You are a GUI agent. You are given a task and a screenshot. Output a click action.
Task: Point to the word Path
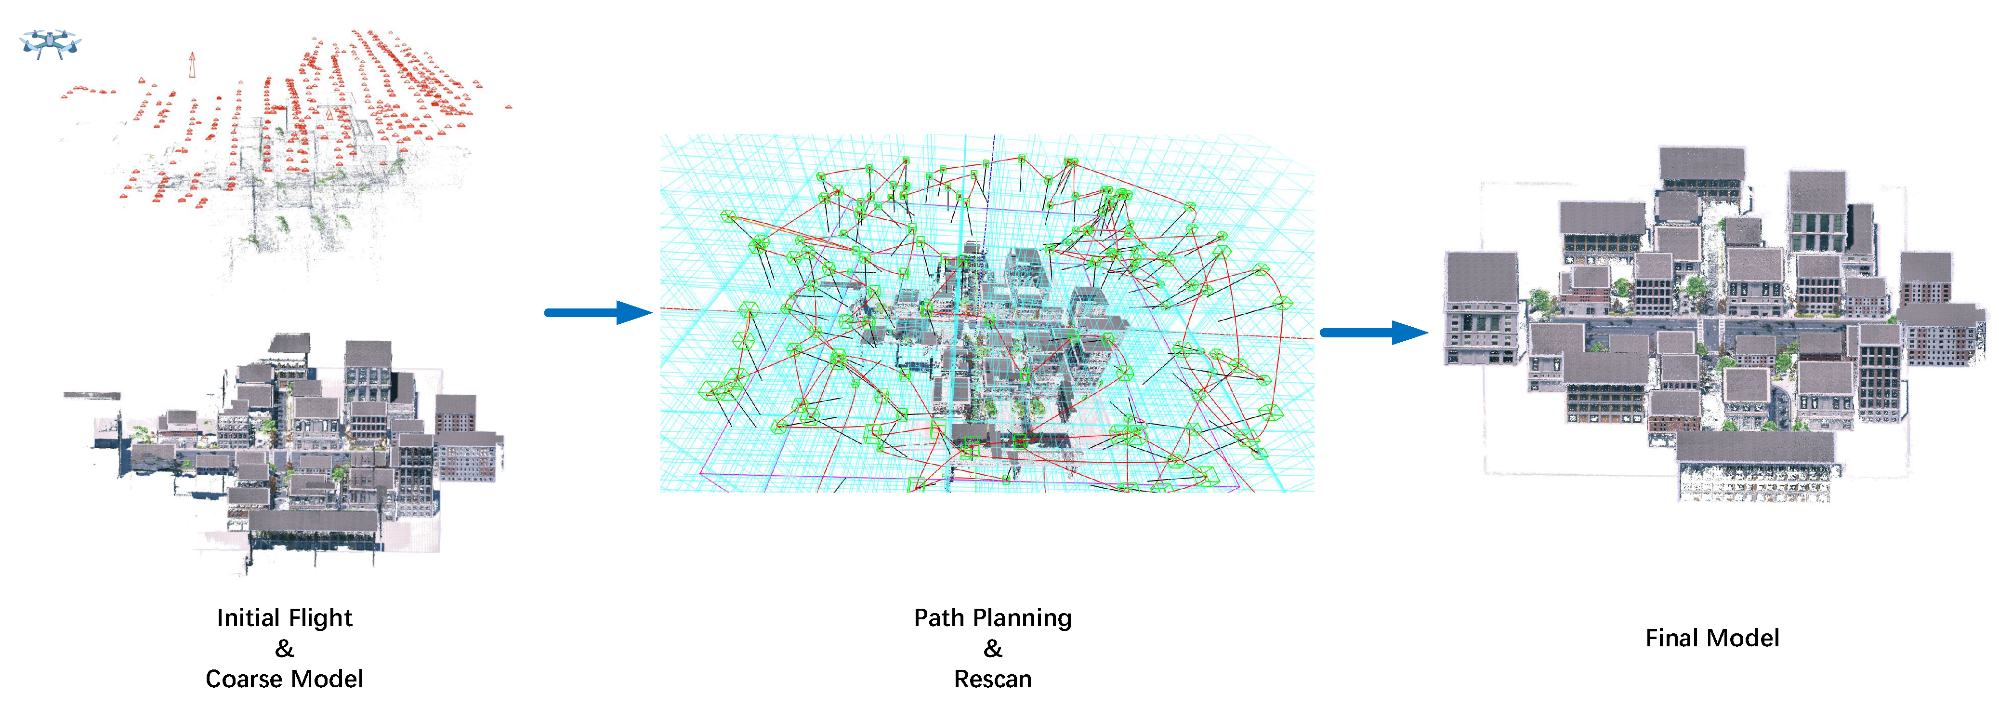point(938,618)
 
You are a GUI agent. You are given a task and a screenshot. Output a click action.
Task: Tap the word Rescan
point(993,679)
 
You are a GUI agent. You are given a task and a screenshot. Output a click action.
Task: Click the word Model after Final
point(1746,638)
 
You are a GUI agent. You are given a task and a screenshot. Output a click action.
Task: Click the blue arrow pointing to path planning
point(597,313)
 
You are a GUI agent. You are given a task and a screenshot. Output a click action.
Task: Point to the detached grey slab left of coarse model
point(92,396)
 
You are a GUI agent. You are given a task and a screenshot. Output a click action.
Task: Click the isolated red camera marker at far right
point(508,107)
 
